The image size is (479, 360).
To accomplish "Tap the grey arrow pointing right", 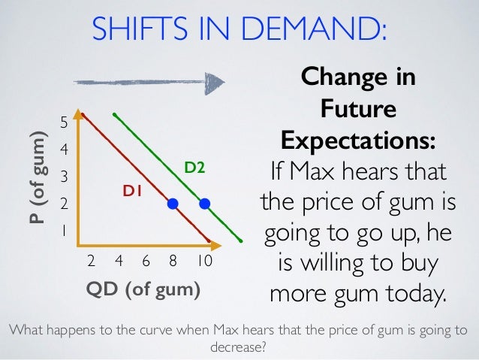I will pos(151,83).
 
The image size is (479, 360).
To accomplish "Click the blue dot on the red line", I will pos(173,204).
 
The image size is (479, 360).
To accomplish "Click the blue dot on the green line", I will pos(205,204).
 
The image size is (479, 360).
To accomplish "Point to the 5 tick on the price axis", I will pos(64,122).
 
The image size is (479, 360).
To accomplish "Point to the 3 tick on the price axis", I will pos(64,177).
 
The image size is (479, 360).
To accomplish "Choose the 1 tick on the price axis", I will pos(64,231).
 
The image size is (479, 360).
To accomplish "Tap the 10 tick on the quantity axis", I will pos(206,262).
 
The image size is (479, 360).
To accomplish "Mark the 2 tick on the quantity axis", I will pos(91,262).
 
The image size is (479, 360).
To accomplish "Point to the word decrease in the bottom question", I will pos(239,349).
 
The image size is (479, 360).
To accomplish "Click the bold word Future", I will pos(358,110).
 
